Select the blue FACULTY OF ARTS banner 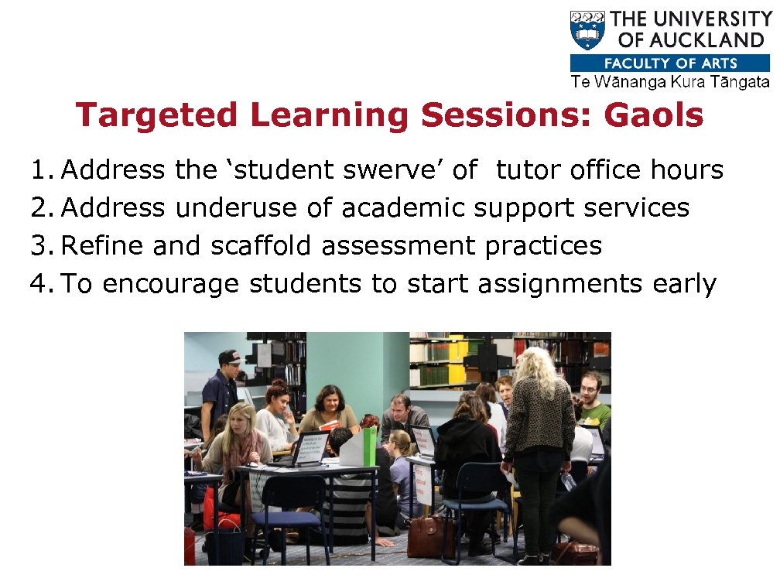coord(670,63)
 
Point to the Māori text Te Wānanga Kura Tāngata coord(670,82)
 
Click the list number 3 coord(39,246)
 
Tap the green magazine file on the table coord(370,447)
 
